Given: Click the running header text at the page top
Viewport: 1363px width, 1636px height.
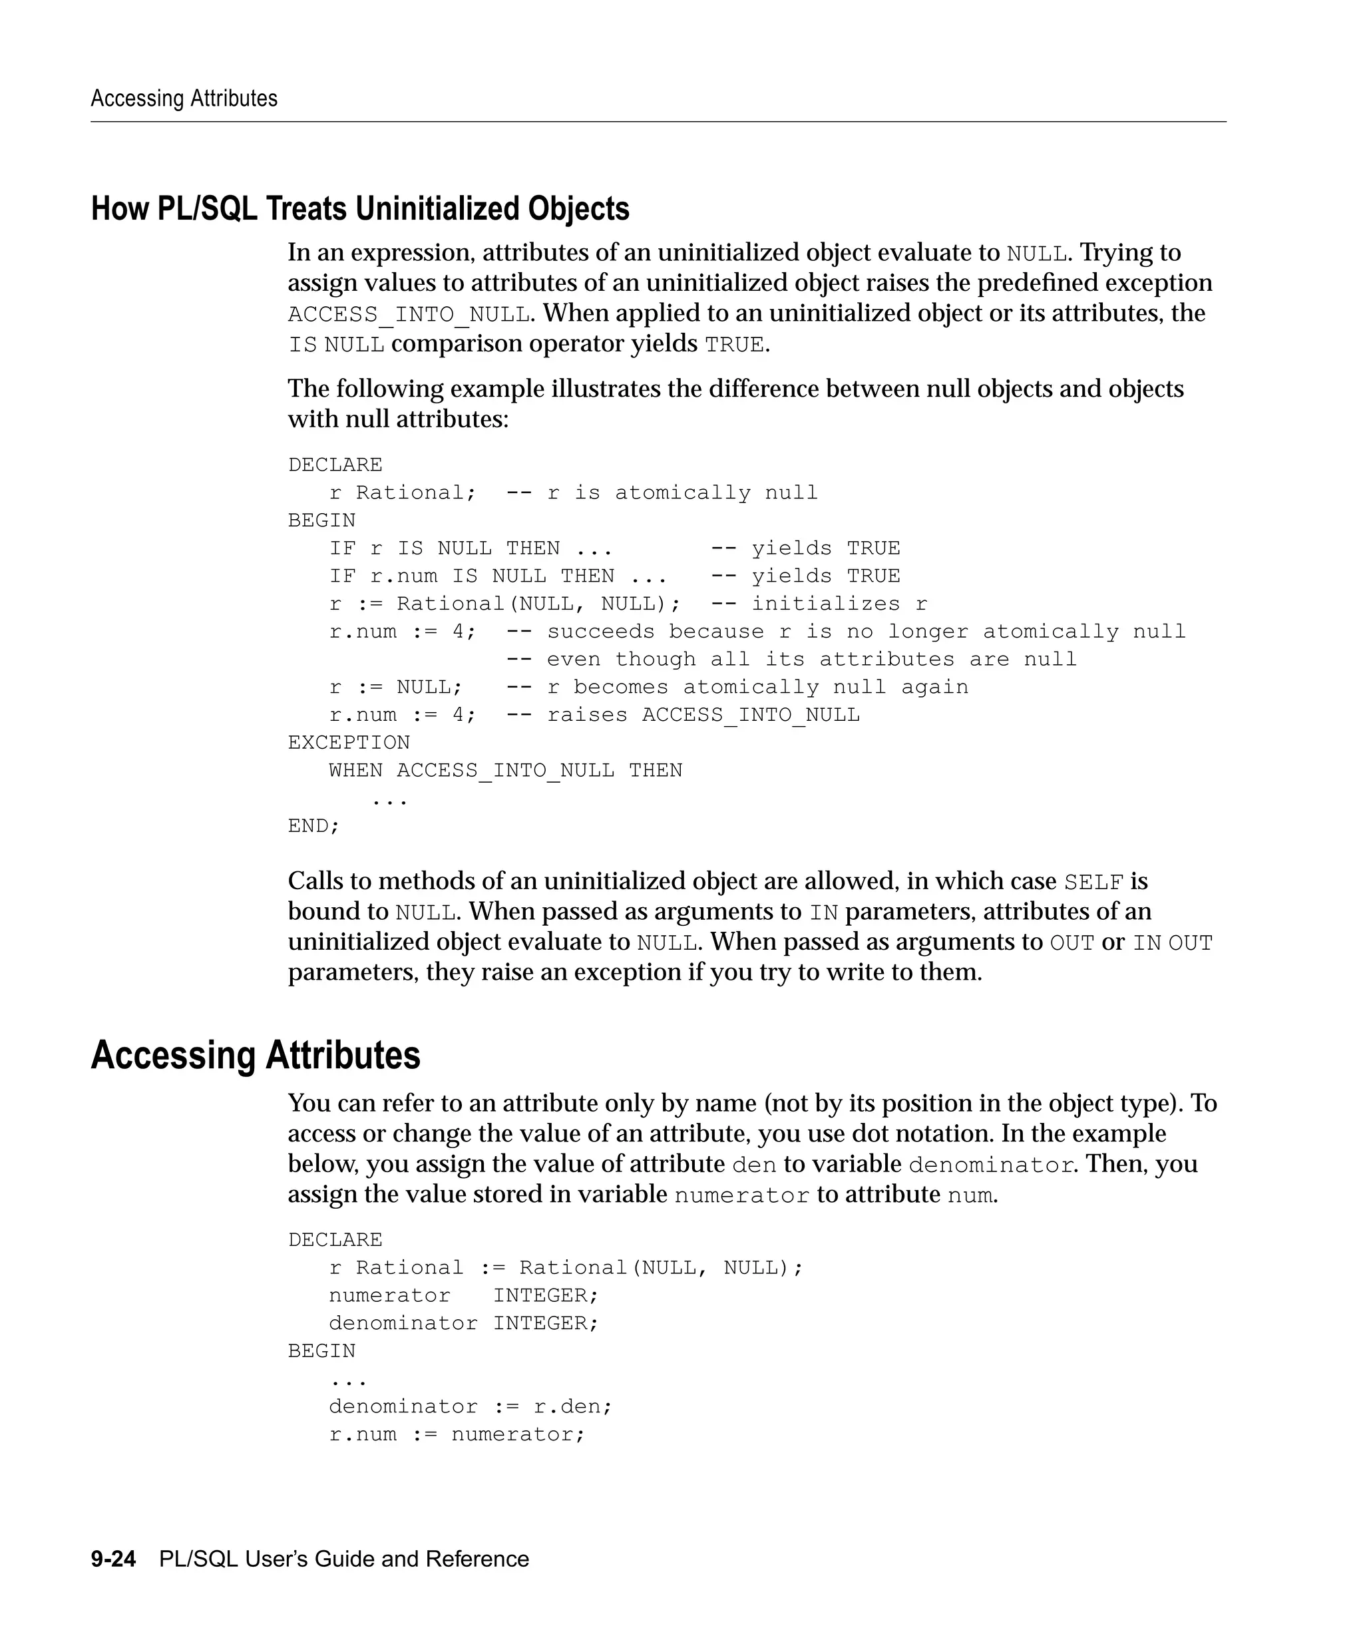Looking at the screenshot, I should (x=184, y=98).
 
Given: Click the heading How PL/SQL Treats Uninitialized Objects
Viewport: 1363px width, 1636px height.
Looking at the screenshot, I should (x=360, y=209).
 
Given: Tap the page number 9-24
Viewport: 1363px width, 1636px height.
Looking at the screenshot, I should (x=113, y=1559).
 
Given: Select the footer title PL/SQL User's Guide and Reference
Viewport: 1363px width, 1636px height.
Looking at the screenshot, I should (x=343, y=1559).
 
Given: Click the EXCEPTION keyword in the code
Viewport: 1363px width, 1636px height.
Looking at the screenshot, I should (x=348, y=742).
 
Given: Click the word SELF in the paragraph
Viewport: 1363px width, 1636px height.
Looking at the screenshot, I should (x=1093, y=883).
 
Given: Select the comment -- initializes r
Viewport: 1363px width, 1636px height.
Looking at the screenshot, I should (x=819, y=604).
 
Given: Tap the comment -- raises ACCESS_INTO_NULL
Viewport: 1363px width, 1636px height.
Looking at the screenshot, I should (x=682, y=715).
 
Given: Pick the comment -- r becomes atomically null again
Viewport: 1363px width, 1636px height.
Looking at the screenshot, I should (x=737, y=687).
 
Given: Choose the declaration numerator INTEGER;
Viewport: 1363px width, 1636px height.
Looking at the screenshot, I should (x=463, y=1296).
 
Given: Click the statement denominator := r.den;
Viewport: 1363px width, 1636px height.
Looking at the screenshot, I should (x=471, y=1406).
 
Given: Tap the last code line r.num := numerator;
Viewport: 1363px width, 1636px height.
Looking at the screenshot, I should (x=457, y=1434).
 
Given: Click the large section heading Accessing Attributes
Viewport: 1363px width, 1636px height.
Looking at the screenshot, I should (x=256, y=1056).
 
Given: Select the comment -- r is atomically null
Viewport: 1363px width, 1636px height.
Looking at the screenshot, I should (x=662, y=493).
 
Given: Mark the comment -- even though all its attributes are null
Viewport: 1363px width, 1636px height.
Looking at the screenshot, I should (x=791, y=660).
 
